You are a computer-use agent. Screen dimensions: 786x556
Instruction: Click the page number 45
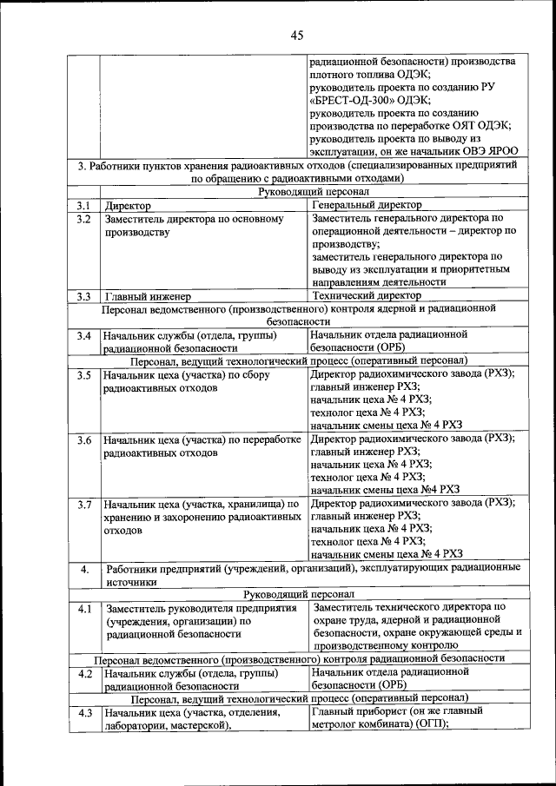pos(296,36)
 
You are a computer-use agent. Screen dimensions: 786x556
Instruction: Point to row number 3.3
pos(83,296)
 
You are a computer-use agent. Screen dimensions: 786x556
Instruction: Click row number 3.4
pos(83,334)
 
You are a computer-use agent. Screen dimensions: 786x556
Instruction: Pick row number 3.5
pos(83,375)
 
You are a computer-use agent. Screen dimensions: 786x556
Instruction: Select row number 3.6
pos(83,439)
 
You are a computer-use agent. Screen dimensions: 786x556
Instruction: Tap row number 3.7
pos(83,504)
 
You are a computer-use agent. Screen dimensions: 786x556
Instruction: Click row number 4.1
pos(83,609)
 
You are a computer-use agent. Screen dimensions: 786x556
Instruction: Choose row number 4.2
pos(84,673)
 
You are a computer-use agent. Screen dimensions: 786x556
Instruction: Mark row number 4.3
pos(84,713)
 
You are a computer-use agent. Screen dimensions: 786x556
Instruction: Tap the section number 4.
pos(84,570)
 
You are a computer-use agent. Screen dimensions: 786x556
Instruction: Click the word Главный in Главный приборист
pos(334,711)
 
